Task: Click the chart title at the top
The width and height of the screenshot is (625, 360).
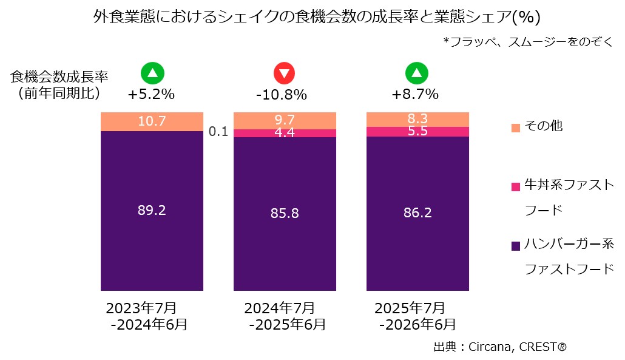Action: coord(317,17)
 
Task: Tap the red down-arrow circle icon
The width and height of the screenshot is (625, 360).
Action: coord(284,73)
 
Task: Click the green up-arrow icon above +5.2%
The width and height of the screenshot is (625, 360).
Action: coord(152,73)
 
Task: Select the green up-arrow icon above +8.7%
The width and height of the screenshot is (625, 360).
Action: coord(416,73)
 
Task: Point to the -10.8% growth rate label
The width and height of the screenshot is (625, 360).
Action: coord(282,95)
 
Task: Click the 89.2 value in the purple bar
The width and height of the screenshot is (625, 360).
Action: coord(152,210)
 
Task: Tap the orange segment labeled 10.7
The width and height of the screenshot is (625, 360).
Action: coord(152,121)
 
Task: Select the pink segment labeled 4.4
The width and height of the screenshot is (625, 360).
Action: coord(285,133)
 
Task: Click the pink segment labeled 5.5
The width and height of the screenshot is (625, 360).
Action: coord(417,132)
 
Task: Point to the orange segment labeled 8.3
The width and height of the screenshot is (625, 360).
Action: coord(417,120)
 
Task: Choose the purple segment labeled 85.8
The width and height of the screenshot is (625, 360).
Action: coord(285,214)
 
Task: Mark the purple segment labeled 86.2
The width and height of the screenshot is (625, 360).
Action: coord(417,213)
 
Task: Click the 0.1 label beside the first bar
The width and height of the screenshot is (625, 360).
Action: coord(218,131)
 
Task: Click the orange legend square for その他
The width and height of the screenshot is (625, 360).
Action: coord(515,127)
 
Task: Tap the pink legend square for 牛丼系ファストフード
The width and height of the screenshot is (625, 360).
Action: coord(515,186)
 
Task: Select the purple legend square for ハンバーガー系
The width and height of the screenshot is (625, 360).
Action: coord(515,246)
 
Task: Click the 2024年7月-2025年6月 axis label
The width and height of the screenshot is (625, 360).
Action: coord(285,316)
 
